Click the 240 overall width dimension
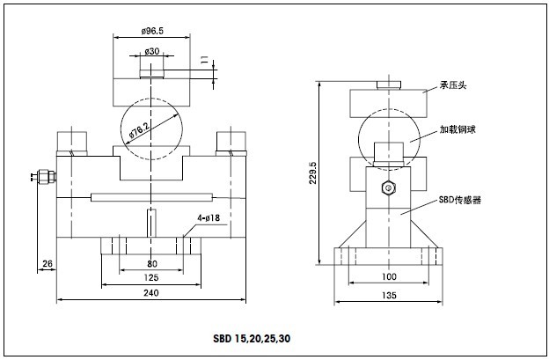151,292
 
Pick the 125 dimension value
151,277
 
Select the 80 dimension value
151,262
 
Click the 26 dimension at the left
47,262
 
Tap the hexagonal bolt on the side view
386,187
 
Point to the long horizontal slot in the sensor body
151,195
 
